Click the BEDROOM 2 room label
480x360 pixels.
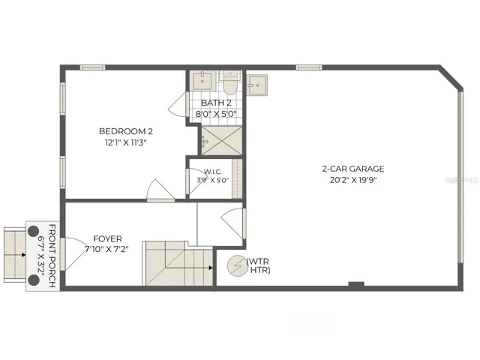click(126, 131)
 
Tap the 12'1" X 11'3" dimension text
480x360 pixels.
click(126, 142)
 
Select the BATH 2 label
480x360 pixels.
click(216, 103)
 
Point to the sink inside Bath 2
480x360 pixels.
click(202, 81)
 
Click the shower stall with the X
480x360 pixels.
click(222, 141)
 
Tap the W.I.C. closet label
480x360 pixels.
click(212, 172)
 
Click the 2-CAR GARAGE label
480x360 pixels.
click(353, 169)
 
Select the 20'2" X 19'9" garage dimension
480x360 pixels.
click(353, 180)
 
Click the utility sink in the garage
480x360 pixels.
click(257, 85)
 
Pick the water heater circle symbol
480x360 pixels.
click(237, 266)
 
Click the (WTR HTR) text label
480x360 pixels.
click(258, 266)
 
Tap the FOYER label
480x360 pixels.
click(107, 238)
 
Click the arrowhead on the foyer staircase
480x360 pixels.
click(211, 268)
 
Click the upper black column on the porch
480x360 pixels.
click(33, 231)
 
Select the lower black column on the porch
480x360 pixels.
click(33, 280)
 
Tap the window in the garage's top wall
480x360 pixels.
click(309, 67)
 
